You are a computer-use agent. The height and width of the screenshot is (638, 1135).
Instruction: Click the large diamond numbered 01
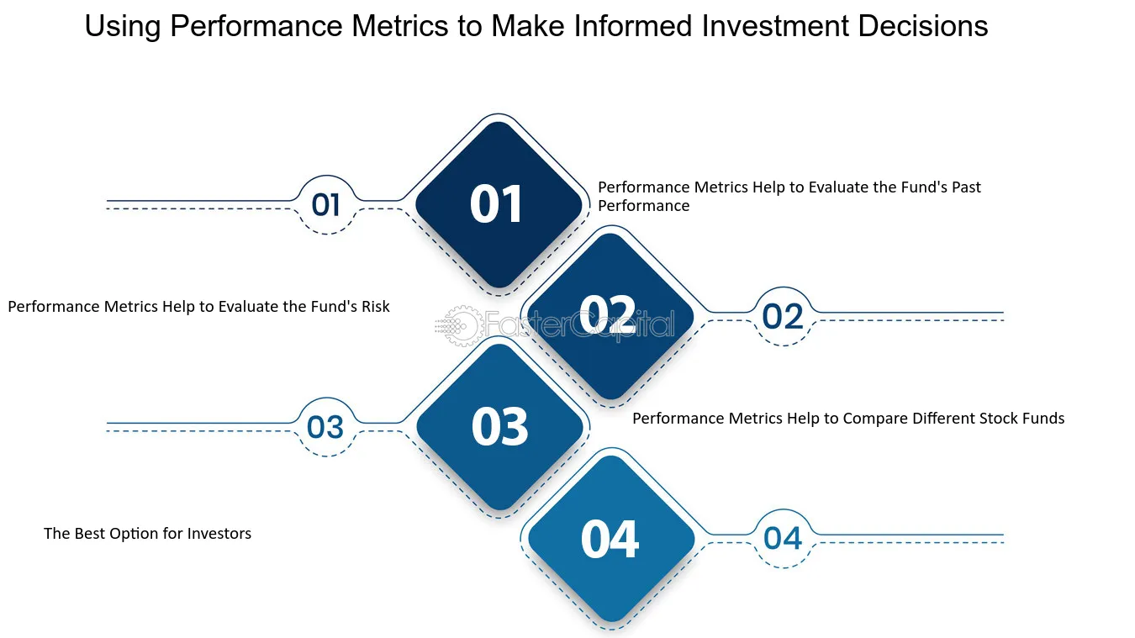[x=499, y=204]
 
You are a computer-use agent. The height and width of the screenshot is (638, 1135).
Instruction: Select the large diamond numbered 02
[x=608, y=316]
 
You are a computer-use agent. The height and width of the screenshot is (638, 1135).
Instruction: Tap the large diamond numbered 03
[x=499, y=426]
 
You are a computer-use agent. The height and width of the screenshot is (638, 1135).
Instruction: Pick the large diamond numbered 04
[x=610, y=538]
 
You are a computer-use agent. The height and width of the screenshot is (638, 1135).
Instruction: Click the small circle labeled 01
[x=326, y=204]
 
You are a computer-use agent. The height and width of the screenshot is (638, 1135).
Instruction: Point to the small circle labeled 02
[x=783, y=316]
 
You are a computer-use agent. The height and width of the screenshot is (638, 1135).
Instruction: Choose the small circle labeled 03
[x=325, y=427]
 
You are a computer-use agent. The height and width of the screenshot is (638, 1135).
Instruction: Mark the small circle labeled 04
[x=783, y=538]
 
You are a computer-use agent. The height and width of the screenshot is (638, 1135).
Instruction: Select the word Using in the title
[x=123, y=27]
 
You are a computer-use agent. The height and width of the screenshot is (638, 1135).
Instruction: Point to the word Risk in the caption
[x=376, y=307]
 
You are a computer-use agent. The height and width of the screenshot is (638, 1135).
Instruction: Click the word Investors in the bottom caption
[x=219, y=534]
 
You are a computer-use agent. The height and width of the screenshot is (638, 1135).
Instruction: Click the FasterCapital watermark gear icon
[x=459, y=325]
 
